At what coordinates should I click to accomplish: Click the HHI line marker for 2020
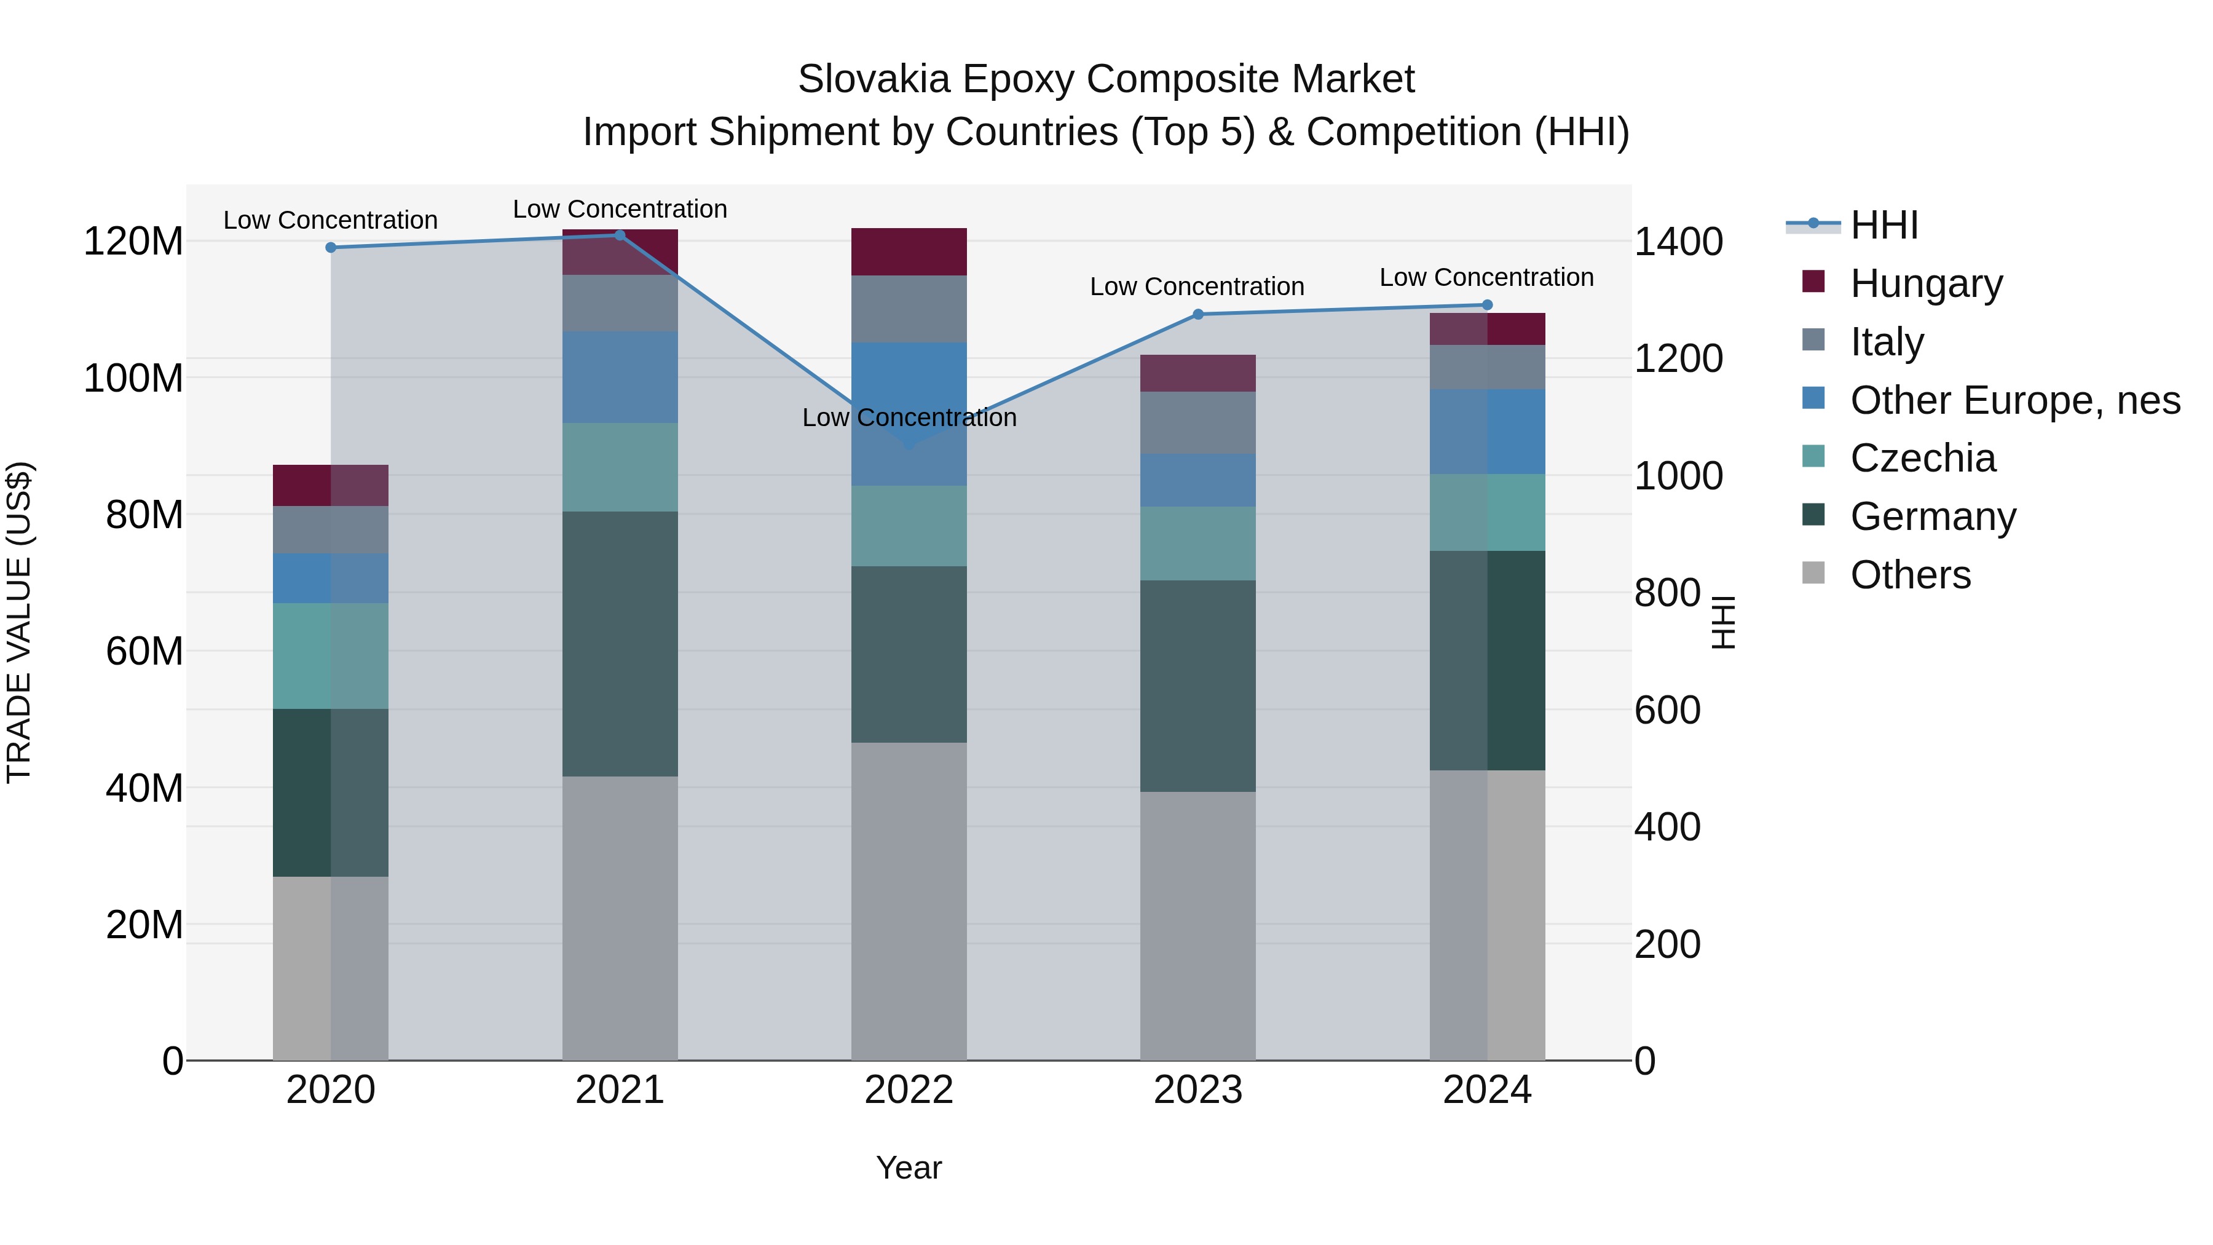331,247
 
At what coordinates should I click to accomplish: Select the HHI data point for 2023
1199,314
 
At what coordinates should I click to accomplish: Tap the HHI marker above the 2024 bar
1488,305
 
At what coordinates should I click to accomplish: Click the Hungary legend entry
1925,283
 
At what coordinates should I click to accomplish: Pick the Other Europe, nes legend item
2014,400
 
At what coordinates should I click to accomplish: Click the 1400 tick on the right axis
1678,242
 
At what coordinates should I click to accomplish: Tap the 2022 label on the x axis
909,1090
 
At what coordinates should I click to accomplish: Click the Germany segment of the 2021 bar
620,644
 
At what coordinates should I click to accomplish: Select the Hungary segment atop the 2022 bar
909,251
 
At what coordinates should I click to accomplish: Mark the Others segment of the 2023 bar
1199,925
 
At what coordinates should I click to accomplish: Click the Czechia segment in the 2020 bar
331,655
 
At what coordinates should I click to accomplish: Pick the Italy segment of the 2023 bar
1199,423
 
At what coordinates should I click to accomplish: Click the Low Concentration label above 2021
620,209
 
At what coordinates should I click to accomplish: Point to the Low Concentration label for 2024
1487,277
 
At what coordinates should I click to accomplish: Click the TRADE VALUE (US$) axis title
19,622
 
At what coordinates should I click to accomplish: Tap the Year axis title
909,1168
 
